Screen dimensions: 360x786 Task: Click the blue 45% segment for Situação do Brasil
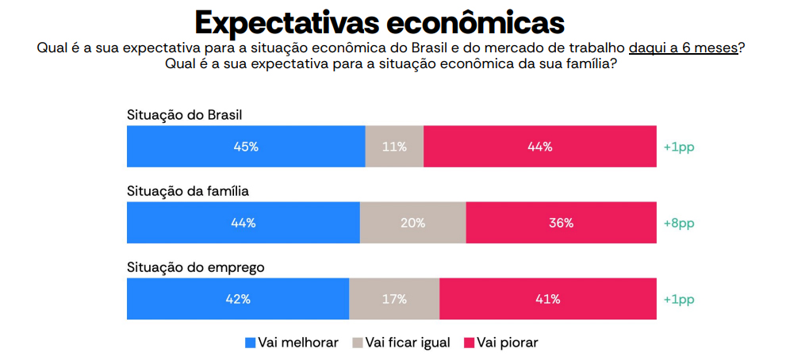point(246,147)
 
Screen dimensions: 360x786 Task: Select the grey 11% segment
point(394,147)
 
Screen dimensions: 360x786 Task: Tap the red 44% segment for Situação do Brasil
point(539,147)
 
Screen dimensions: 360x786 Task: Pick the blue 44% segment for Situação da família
point(243,223)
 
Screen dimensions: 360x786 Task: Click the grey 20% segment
point(412,223)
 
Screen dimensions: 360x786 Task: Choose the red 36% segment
point(561,223)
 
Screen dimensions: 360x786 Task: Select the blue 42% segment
point(238,299)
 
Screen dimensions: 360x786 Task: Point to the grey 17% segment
point(394,299)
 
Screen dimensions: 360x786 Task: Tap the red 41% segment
point(547,299)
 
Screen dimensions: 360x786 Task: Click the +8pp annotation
point(678,224)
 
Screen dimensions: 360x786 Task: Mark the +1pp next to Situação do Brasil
point(678,147)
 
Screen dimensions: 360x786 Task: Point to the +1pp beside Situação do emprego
point(678,300)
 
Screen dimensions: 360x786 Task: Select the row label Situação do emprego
point(195,267)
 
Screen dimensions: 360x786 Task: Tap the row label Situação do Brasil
point(184,115)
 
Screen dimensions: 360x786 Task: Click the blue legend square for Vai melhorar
point(251,343)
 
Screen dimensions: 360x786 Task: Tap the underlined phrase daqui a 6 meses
point(683,48)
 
